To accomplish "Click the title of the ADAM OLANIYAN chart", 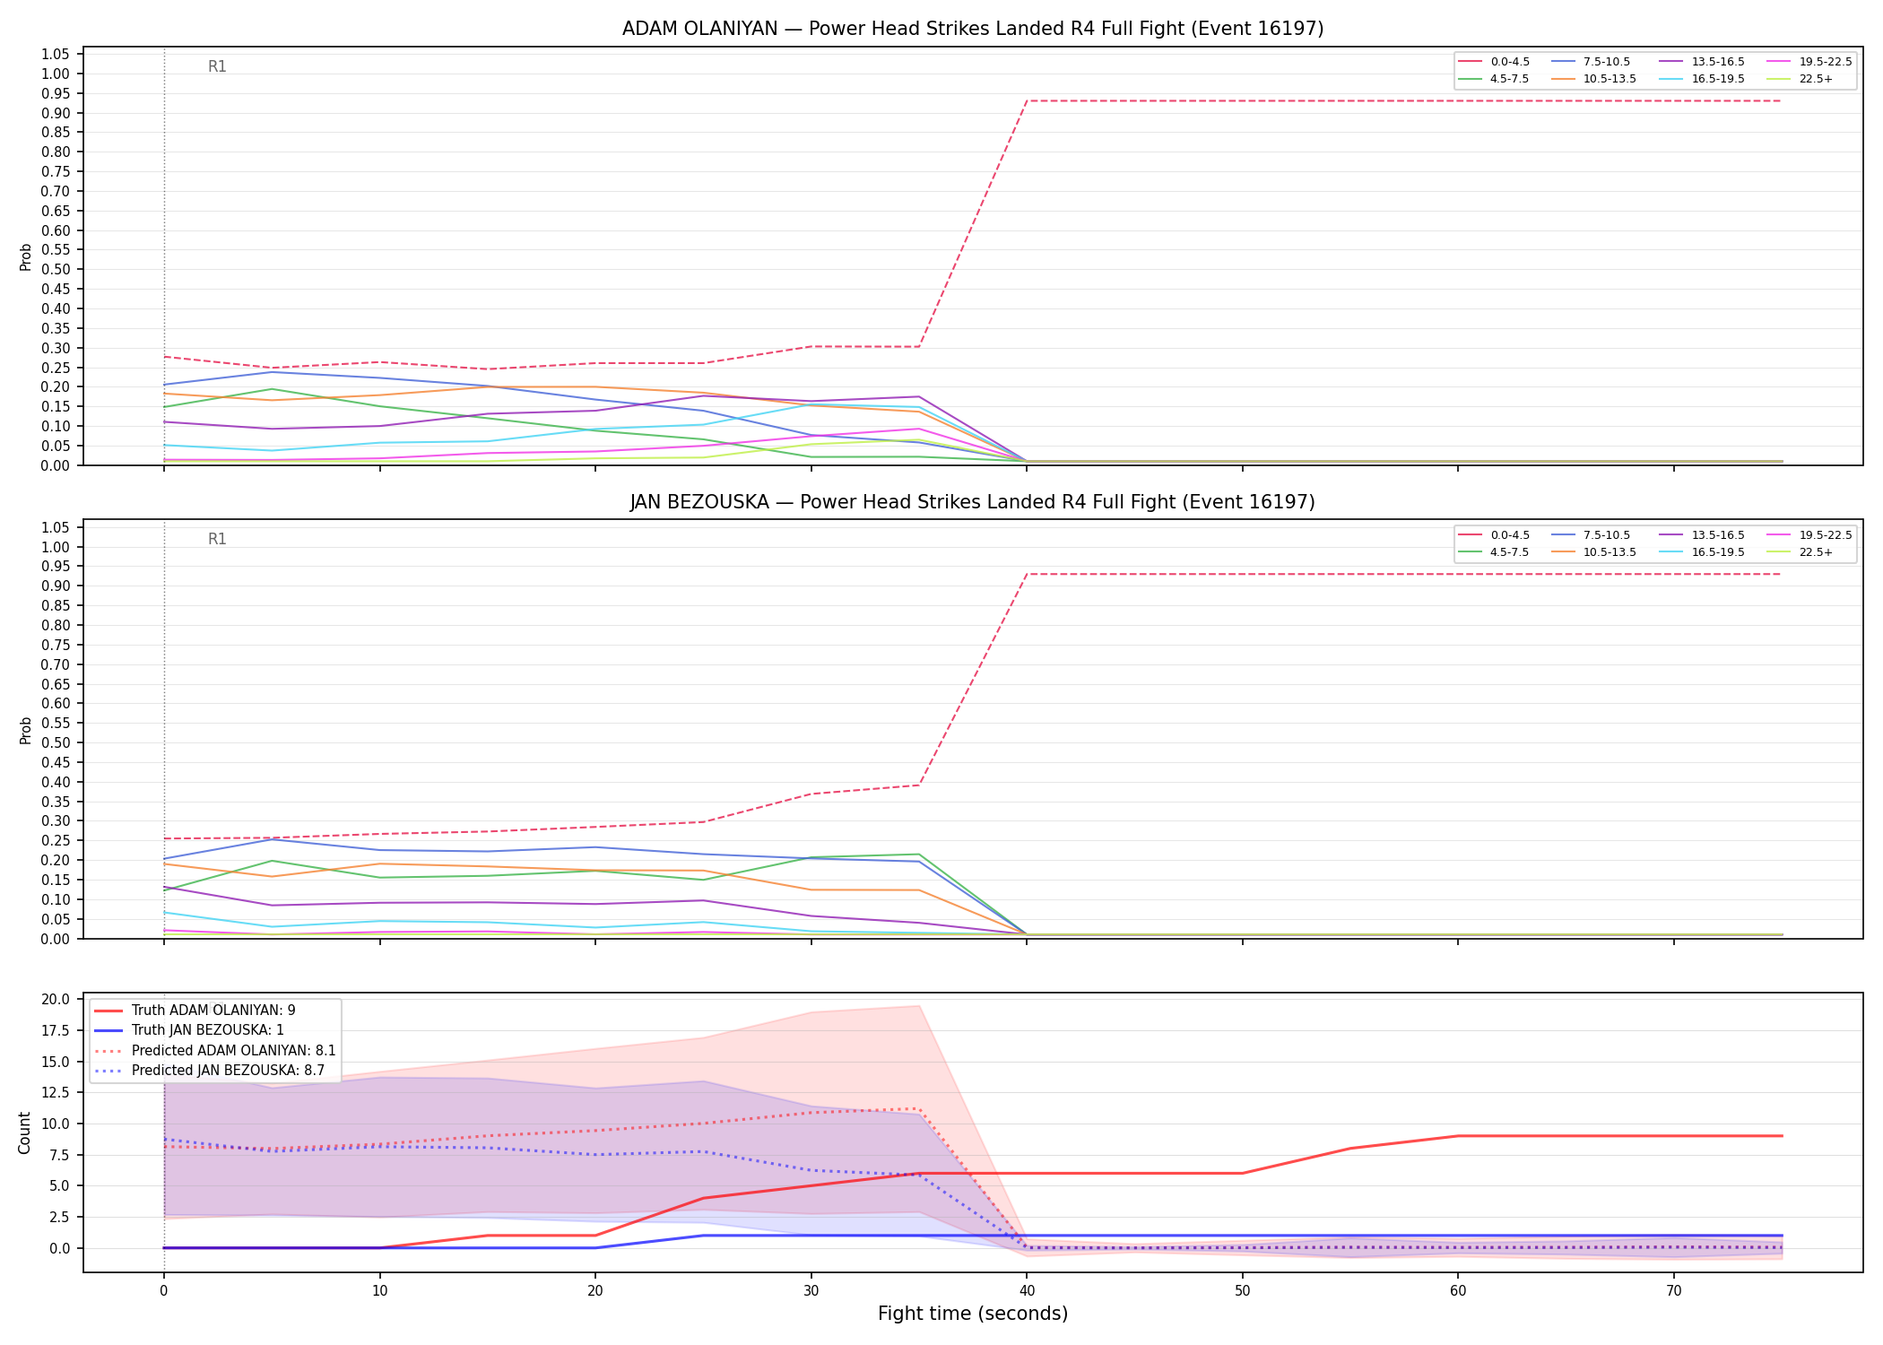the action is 973,29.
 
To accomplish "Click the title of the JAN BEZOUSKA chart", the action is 973,502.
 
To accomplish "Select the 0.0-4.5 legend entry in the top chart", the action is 1494,62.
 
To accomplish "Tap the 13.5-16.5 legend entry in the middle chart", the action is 1700,535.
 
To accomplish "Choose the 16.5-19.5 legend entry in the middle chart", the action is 1700,552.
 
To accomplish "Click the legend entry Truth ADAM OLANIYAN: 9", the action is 195,1011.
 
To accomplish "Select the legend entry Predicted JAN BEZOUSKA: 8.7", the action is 214,1070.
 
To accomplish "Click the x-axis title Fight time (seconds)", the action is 973,1314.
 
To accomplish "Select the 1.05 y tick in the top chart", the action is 56,55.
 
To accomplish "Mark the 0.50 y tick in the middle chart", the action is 56,742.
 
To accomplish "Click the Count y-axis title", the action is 24,1132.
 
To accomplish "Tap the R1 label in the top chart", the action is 217,66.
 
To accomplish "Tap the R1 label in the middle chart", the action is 217,539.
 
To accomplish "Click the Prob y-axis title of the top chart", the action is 26,256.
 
